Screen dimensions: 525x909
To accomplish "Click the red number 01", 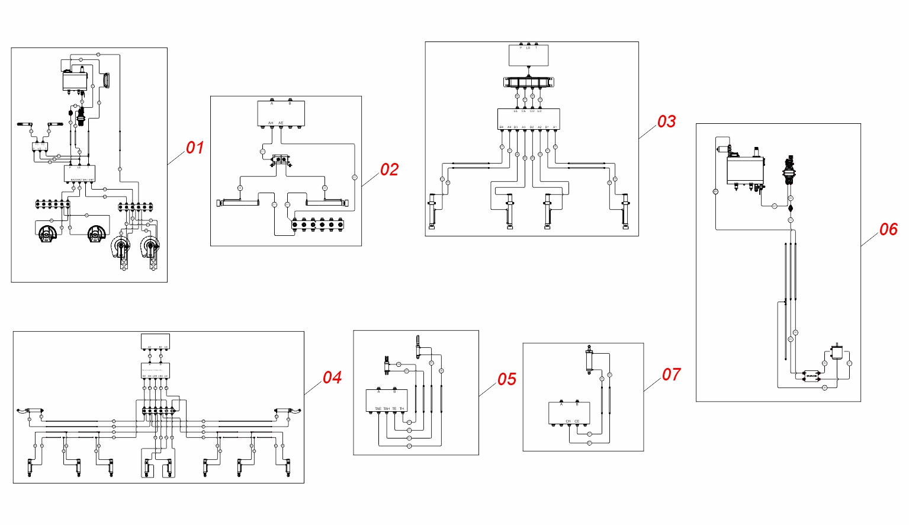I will point(195,148).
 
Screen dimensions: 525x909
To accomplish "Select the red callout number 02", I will point(389,169).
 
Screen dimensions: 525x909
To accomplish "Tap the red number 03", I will point(666,121).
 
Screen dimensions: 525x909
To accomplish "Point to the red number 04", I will point(332,377).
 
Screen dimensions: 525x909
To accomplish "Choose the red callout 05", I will point(507,379).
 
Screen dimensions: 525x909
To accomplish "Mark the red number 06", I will point(888,229).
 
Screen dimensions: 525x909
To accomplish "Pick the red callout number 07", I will point(672,374).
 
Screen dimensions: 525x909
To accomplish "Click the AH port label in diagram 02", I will point(271,123).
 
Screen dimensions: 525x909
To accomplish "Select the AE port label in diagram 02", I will point(281,123).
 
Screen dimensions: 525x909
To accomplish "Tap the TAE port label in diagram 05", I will point(378,409).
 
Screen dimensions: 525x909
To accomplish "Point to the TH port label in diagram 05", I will point(401,409).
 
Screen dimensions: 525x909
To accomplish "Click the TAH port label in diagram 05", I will point(386,409).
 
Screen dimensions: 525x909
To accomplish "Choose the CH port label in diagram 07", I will point(568,421).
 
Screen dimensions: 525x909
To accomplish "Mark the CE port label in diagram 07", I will point(577,421).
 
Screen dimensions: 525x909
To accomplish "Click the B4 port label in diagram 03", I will point(501,127).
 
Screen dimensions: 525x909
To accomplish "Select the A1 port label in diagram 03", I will point(555,127).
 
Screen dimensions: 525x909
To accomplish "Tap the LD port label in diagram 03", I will point(539,111).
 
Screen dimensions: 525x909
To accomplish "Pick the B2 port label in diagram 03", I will point(532,127).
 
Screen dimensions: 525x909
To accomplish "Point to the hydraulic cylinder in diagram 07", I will point(589,359).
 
